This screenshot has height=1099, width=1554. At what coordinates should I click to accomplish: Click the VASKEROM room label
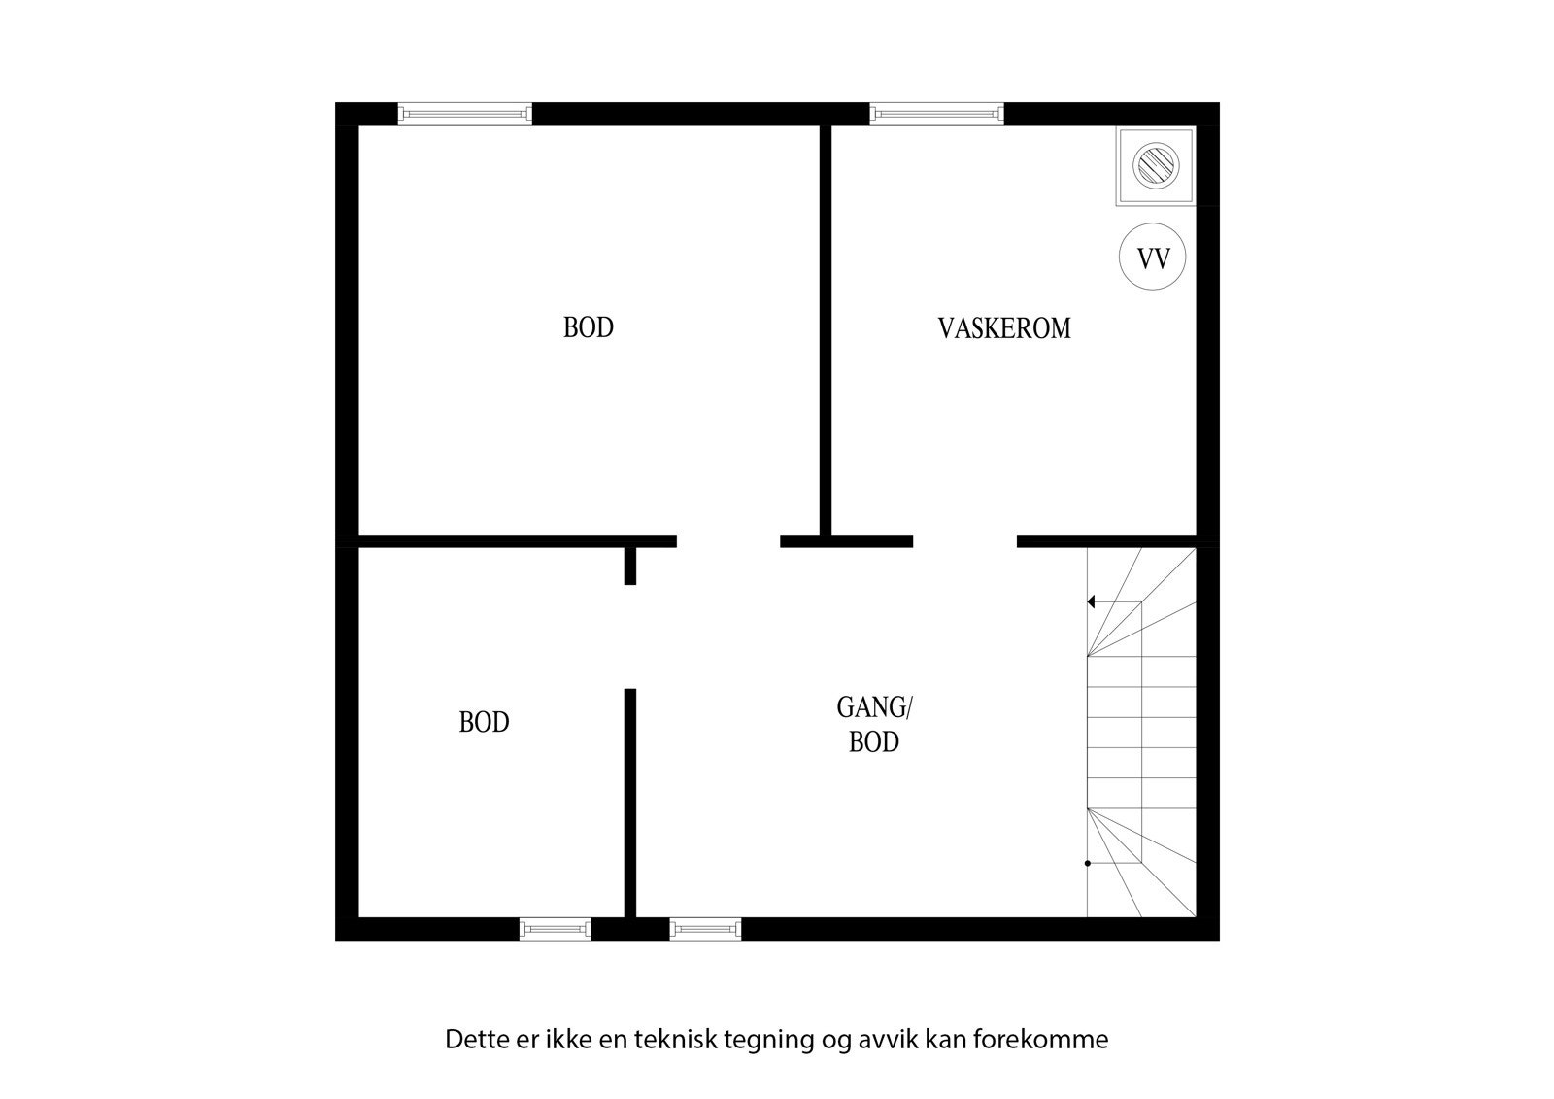coord(1004,328)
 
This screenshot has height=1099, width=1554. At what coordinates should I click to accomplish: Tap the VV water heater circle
coord(1153,258)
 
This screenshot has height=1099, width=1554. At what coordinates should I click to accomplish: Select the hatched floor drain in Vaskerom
coord(1155,166)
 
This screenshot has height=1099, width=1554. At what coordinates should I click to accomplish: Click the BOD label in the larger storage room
coord(589,328)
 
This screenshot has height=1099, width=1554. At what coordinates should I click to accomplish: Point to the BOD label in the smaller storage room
coord(484,723)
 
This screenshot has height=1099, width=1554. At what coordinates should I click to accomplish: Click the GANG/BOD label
coord(874,725)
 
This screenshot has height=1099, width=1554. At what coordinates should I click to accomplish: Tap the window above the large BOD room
coord(465,115)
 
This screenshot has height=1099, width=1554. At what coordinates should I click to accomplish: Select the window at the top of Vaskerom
coord(936,115)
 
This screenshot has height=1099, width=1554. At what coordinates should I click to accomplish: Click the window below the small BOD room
coord(555,930)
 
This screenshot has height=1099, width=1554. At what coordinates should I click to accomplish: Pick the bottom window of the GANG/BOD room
coord(705,930)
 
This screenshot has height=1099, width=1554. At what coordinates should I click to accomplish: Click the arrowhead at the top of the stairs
coord(1092,602)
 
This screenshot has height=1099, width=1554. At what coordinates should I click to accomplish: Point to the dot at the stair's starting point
coord(1088,863)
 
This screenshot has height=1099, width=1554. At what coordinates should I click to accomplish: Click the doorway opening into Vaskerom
coord(964,542)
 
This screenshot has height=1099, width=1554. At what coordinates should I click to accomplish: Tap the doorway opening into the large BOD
coord(728,542)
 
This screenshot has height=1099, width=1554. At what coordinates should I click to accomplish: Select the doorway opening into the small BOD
coord(630,636)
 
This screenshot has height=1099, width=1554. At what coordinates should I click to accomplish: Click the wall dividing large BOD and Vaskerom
coord(826,330)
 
